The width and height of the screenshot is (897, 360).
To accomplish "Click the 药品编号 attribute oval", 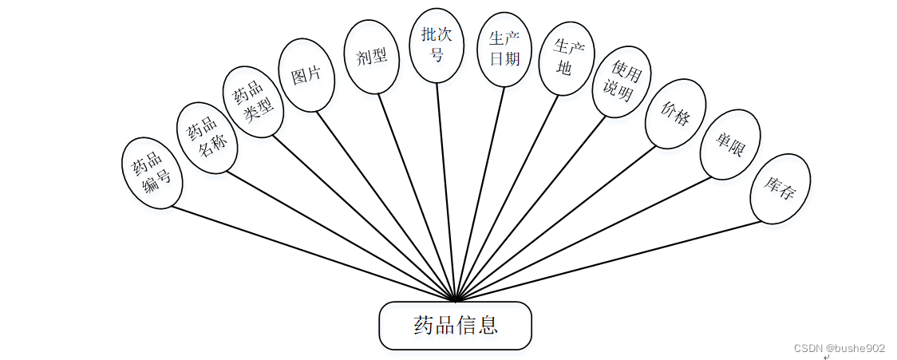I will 152,173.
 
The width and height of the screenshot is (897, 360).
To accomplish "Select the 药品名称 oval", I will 206,137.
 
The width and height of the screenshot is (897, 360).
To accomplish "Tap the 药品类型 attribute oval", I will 252,102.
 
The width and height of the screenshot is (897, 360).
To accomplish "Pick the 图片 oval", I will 306,75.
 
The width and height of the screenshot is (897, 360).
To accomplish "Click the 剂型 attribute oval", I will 371,56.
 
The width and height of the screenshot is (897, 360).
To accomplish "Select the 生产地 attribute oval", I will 566,59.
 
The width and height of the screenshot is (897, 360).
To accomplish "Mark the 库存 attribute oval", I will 780,188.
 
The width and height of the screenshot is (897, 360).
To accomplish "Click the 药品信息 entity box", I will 455,326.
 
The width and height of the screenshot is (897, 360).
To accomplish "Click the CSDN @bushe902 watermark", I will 840,348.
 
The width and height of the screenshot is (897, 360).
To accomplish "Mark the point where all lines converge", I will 455,300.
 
